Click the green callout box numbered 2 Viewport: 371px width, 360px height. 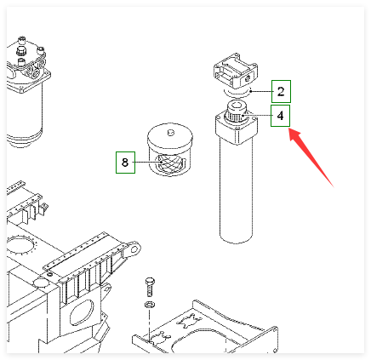pos(281,91)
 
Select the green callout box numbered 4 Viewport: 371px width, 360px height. pos(280,116)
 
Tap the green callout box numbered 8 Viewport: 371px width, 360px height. pos(125,163)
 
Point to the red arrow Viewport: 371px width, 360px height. pos(311,157)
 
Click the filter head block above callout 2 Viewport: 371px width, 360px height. pos(236,71)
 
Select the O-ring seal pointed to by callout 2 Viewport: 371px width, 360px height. pos(237,93)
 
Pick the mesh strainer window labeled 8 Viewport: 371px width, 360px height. pos(169,163)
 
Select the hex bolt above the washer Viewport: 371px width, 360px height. pos(150,287)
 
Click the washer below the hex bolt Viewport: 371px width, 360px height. pos(150,305)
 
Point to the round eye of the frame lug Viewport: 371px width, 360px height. pos(135,249)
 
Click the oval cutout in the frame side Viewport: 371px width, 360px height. pos(82,313)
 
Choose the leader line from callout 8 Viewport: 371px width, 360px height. pos(147,162)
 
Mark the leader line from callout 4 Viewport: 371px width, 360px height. pos(257,116)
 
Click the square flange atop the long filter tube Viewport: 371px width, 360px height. pos(237,129)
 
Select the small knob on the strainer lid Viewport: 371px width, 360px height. pos(170,132)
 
